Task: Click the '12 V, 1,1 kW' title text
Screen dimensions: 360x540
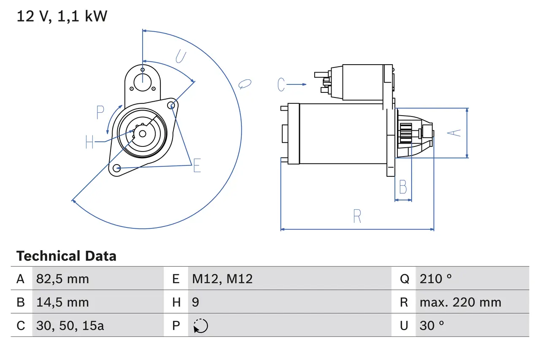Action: click(x=62, y=16)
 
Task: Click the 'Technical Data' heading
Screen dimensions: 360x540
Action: click(x=66, y=256)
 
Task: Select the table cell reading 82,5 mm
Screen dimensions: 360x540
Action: click(x=62, y=279)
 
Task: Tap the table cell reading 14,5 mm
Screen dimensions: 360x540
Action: click(x=62, y=302)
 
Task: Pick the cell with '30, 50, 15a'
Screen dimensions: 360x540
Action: click(x=70, y=325)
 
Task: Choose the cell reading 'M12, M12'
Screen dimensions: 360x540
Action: click(x=222, y=279)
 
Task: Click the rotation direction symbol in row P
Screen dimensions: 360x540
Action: click(x=201, y=326)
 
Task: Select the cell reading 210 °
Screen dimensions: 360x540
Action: click(x=436, y=279)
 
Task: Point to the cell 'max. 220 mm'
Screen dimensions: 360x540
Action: click(x=460, y=302)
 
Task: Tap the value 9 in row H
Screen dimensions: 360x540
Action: click(x=196, y=302)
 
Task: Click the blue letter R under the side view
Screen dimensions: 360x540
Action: click(x=357, y=216)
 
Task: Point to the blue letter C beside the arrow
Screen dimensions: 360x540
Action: click(x=281, y=84)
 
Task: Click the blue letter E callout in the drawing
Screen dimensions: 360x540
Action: click(x=197, y=166)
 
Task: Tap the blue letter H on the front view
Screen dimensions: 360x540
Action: click(x=89, y=142)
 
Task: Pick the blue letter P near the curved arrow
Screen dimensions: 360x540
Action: click(x=100, y=113)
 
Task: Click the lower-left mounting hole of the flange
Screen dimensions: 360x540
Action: click(x=117, y=168)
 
